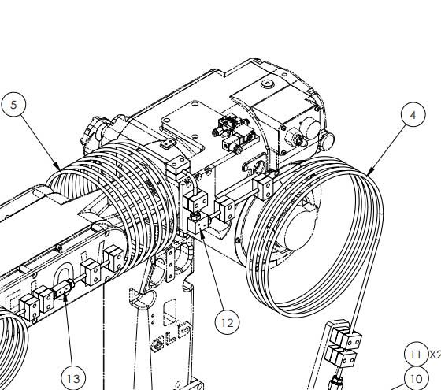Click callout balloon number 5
13,105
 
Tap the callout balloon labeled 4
413,114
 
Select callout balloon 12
228,322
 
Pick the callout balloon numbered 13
74,378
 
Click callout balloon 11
416,354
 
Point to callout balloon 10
417,378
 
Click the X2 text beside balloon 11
435,355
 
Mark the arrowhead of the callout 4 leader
371,172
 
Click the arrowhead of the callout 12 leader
201,232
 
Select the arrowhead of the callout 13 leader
65,296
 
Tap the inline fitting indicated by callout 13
64,289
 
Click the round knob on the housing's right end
326,141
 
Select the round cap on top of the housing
266,84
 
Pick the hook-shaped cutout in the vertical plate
143,299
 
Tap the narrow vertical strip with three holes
170,265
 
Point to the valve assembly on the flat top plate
235,132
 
